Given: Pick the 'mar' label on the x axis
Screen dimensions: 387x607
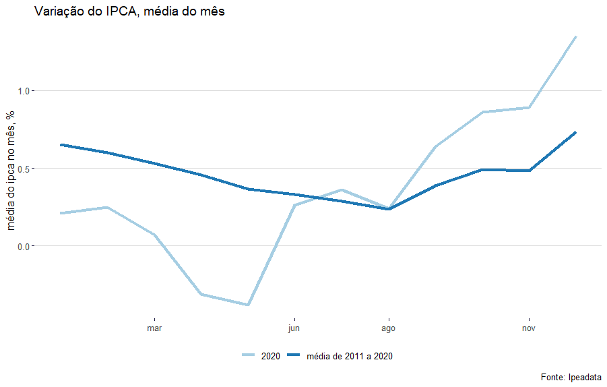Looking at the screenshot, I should [x=154, y=329].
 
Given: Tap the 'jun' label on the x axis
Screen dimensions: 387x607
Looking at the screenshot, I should [x=294, y=329].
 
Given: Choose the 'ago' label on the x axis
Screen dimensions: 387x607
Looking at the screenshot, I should [x=388, y=329].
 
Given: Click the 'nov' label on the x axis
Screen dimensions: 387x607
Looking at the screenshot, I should [x=529, y=329].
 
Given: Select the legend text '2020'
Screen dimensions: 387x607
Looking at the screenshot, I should [x=271, y=356].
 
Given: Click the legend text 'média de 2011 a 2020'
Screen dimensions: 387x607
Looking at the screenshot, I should [x=349, y=356].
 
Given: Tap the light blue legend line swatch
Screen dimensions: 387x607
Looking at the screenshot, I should [x=248, y=355].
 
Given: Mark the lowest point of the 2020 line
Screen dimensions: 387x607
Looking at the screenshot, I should [x=248, y=305].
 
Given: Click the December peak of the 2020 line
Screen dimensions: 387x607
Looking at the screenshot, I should [x=576, y=36].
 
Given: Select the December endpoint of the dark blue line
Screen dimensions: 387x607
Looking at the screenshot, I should [x=576, y=132].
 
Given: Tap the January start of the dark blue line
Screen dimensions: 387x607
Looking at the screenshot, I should [x=61, y=145].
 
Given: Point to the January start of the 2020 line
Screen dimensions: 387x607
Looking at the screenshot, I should [x=61, y=213].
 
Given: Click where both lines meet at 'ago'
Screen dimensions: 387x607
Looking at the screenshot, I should [x=388, y=208].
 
